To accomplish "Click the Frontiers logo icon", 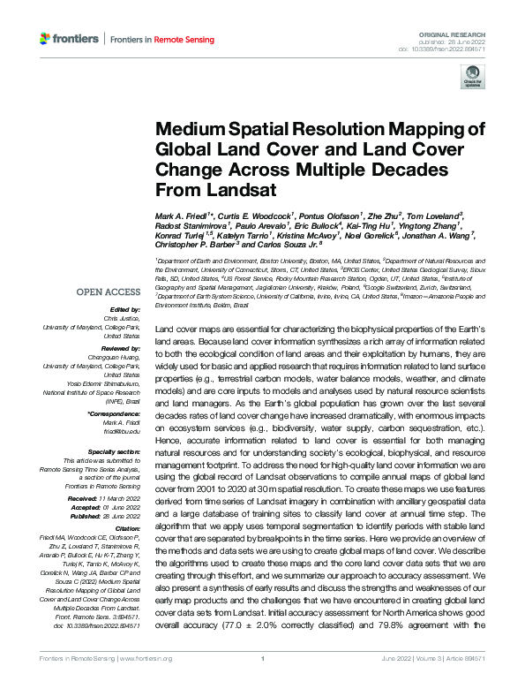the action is [x=46, y=39].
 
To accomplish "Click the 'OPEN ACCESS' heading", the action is [x=107, y=291].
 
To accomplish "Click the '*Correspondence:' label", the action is [x=115, y=413].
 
